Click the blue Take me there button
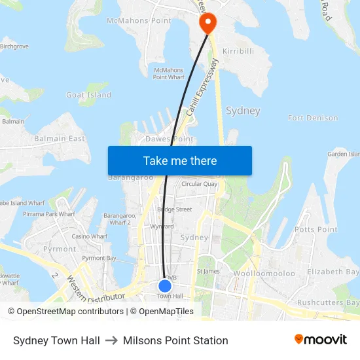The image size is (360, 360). coord(179,160)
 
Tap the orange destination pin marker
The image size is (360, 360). coord(207,24)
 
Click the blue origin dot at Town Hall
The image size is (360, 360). coord(165,285)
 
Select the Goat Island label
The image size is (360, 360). coord(88,95)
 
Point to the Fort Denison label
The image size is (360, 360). coord(313,118)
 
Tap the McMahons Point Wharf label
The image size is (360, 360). coord(168,73)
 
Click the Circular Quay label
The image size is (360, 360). coord(199,184)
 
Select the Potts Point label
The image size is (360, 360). coord(315,230)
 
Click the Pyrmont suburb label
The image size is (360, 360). coord(60,249)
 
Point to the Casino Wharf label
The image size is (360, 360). coord(89,236)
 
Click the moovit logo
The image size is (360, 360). coord(320,339)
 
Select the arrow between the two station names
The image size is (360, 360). coord(111,340)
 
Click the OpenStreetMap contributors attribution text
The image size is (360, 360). coord(65,312)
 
